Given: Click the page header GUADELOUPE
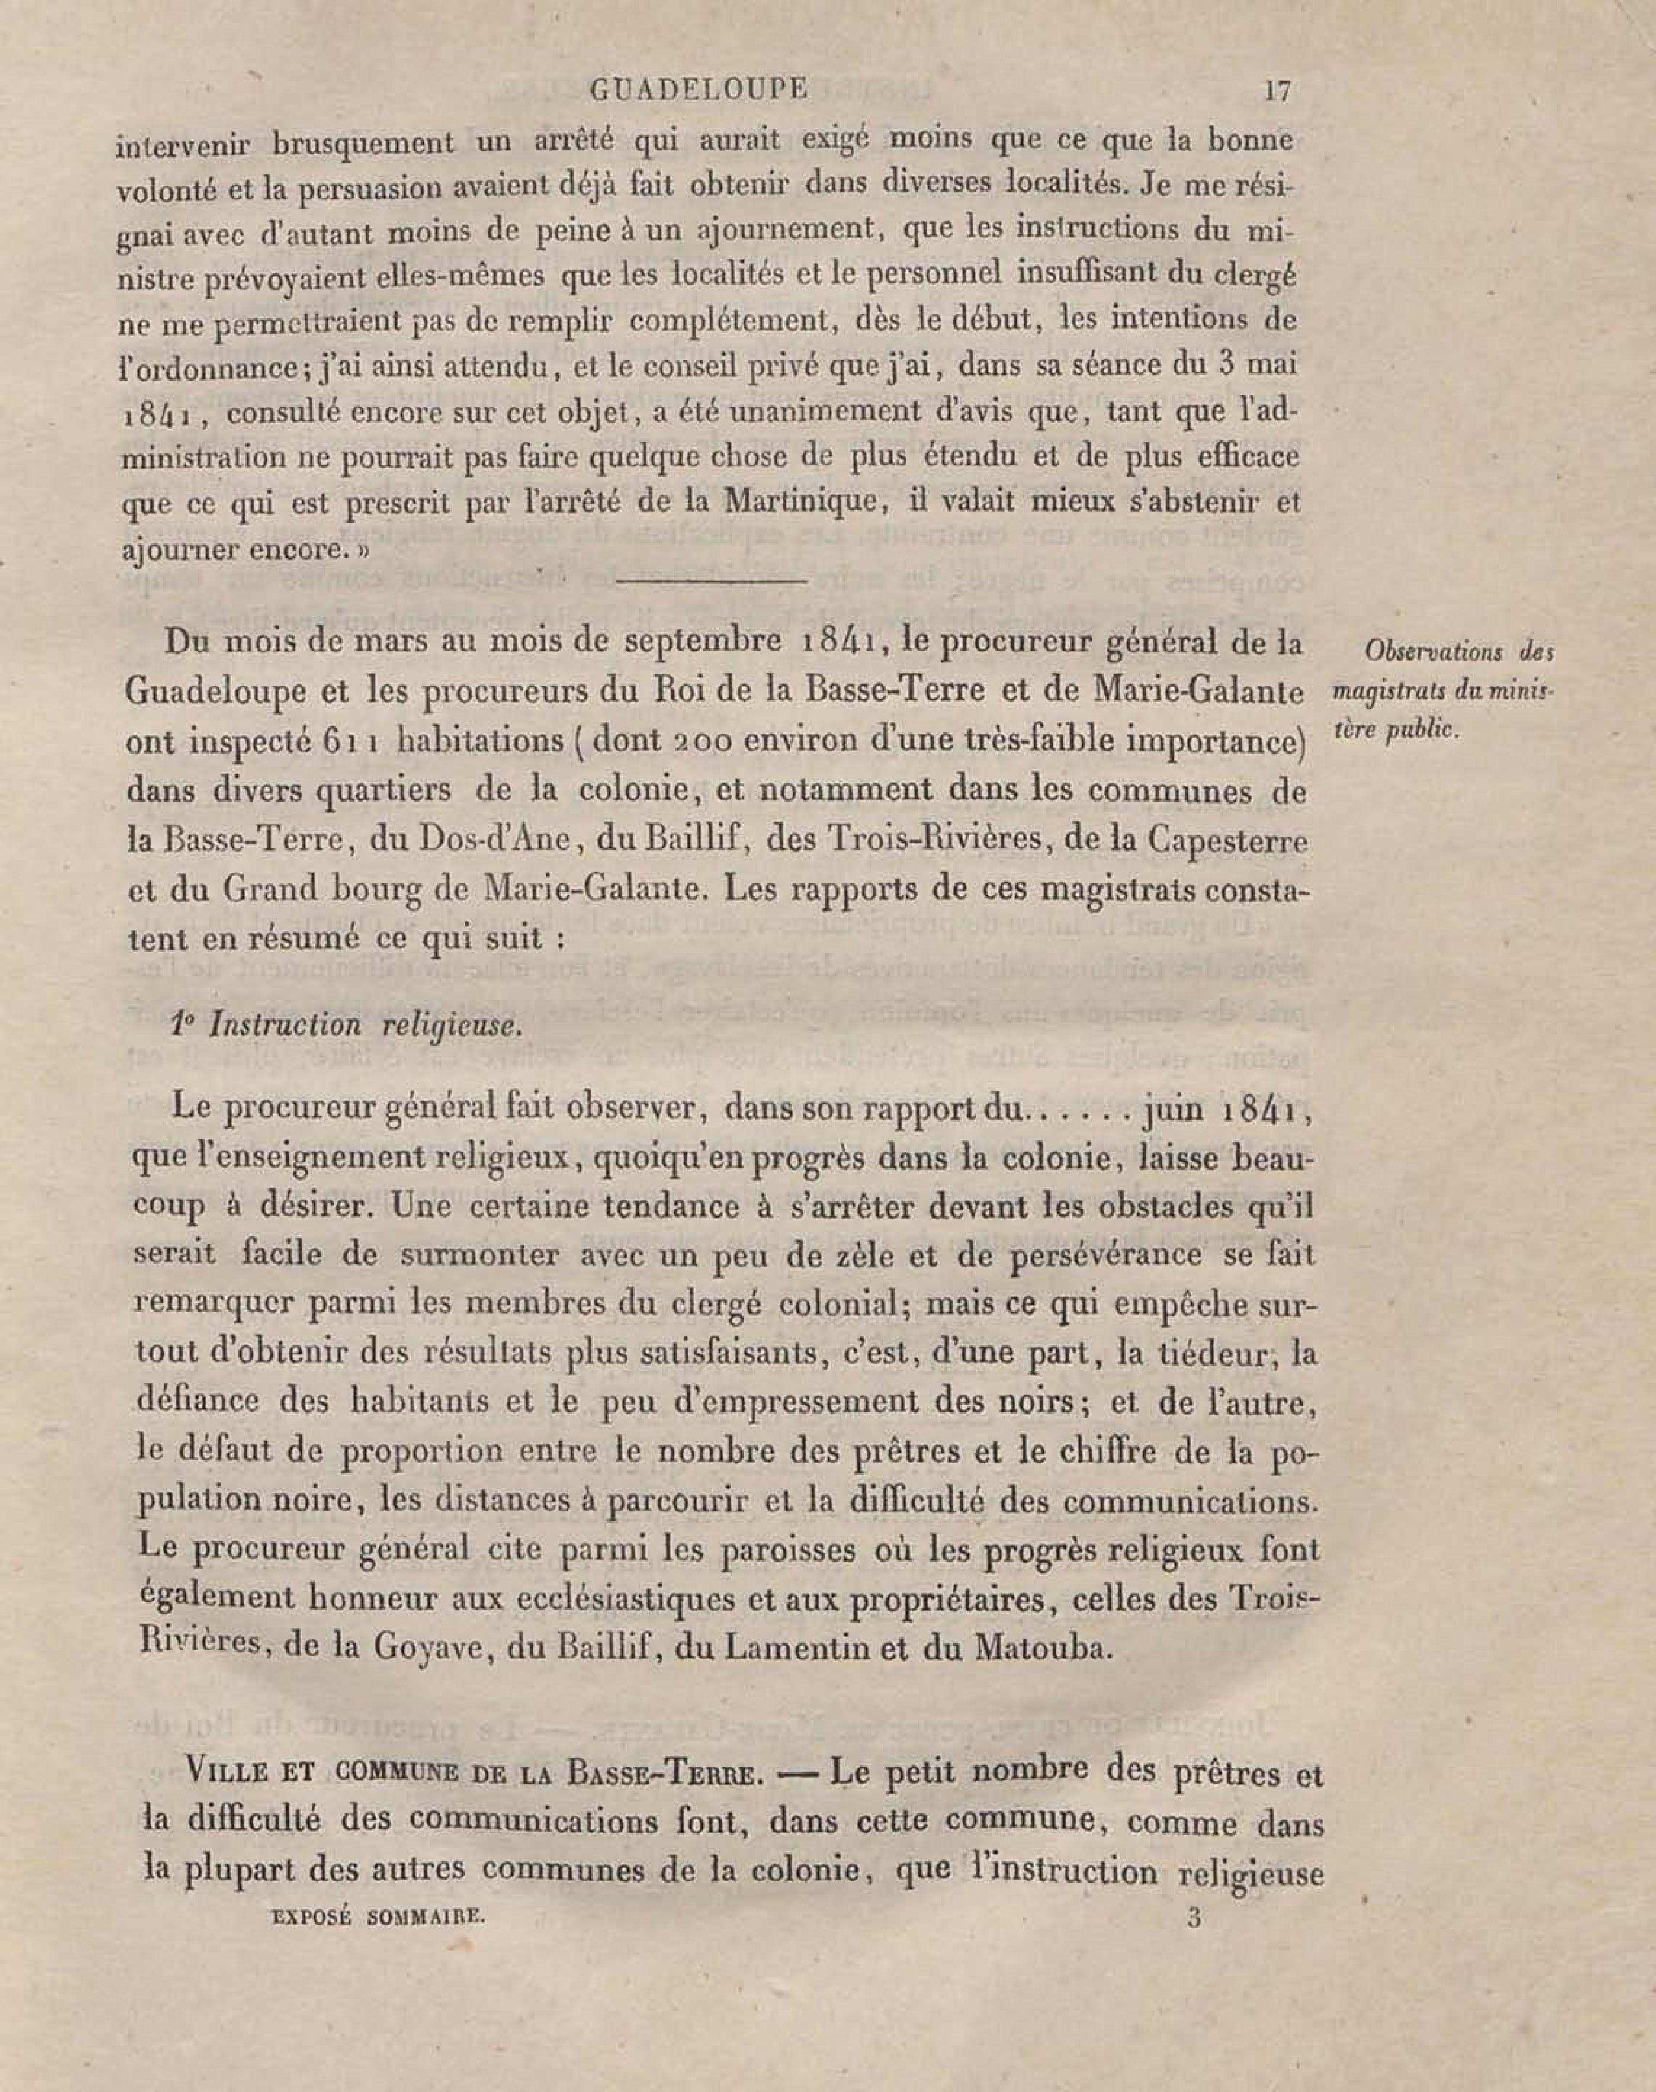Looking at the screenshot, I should click(698, 89).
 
